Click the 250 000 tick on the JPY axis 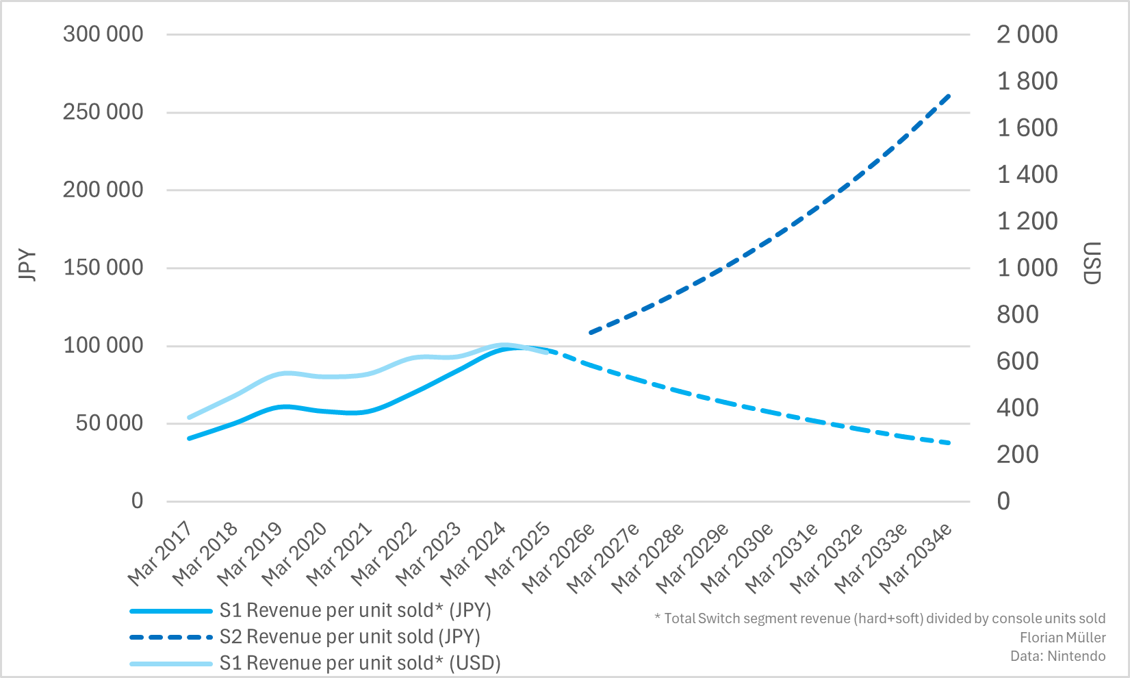point(103,112)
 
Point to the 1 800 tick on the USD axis point(1027,81)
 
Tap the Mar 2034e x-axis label point(916,557)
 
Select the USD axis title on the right point(1092,263)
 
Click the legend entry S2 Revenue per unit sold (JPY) point(349,637)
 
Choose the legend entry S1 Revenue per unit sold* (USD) point(359,663)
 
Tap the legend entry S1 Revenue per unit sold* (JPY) point(355,610)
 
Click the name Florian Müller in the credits point(1062,638)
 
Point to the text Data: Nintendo point(1057,656)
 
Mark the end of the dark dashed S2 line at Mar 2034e point(949,95)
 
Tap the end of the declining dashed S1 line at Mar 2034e point(949,443)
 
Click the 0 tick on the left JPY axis point(137,501)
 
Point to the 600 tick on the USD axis point(1017,361)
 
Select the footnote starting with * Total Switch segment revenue point(879,618)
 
